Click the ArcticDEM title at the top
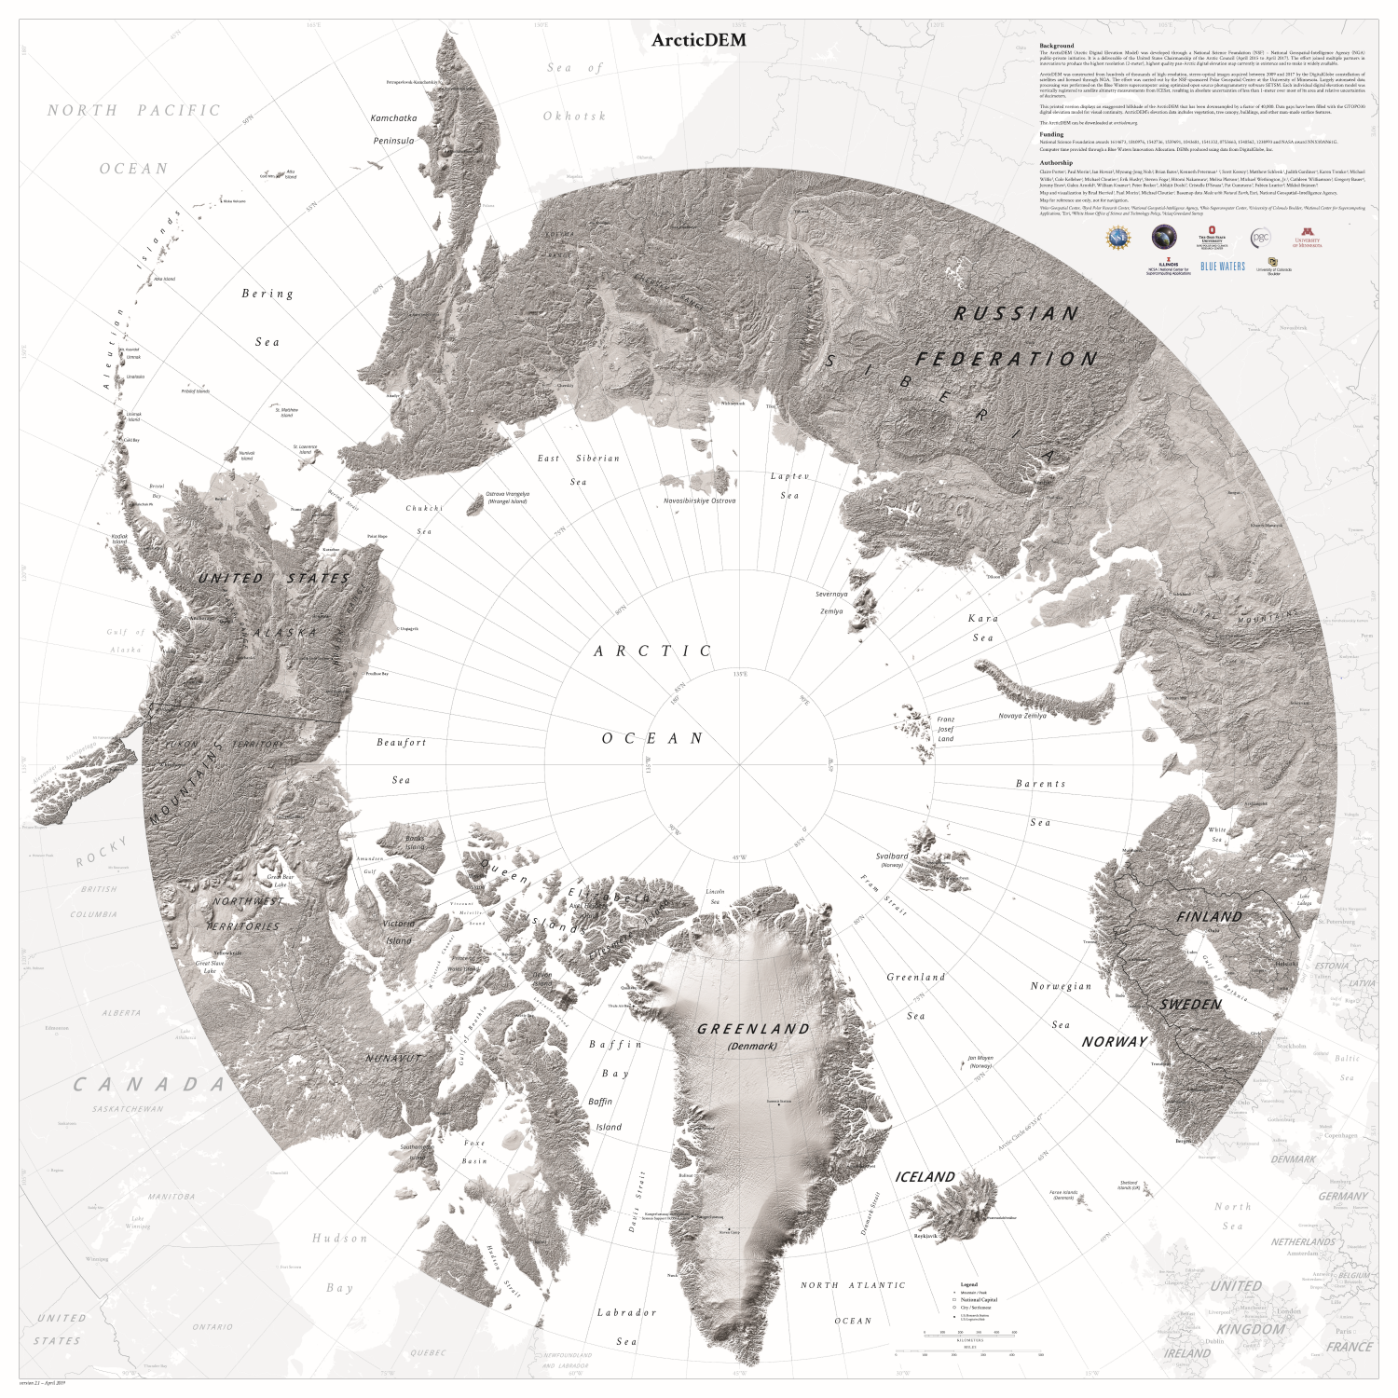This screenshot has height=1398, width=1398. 699,40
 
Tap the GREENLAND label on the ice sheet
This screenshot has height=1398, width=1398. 754,1029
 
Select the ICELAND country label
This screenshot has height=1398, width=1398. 925,1177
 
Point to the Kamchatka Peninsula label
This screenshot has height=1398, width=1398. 392,130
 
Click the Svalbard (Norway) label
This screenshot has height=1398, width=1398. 892,859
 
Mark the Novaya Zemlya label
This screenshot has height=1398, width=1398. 1022,716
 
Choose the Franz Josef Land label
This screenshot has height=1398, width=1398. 945,729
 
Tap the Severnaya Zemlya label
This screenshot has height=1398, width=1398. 831,602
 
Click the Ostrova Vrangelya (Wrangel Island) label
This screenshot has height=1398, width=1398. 507,498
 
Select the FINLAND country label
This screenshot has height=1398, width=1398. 1209,917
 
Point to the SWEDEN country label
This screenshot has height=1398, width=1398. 1190,1005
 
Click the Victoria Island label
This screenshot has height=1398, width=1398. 398,932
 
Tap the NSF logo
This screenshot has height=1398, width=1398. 1117,239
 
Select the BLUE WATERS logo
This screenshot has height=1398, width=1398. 1222,267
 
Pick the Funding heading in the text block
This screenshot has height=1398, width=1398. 1051,134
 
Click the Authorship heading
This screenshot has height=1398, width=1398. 1055,163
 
